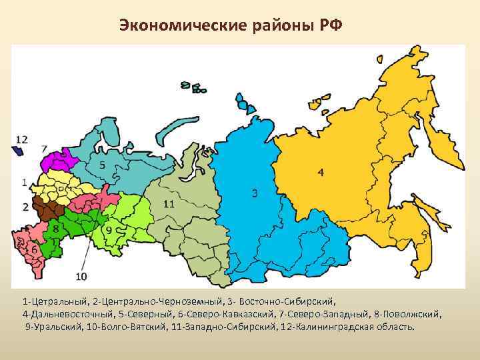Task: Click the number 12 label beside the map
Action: (21, 139)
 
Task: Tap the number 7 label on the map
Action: (43, 148)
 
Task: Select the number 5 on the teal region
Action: (101, 165)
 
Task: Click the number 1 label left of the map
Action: (24, 181)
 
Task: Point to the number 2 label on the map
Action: (25, 206)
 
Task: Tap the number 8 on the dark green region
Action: (55, 229)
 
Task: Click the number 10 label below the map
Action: (81, 276)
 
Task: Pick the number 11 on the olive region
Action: (169, 204)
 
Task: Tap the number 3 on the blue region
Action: (254, 193)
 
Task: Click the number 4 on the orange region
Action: (321, 173)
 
